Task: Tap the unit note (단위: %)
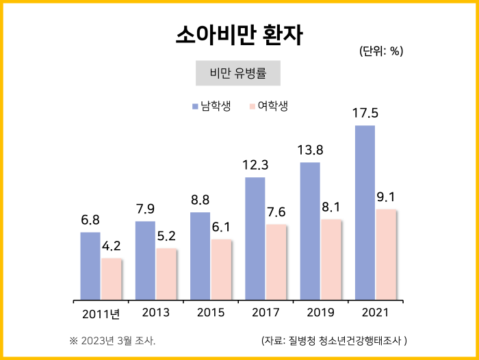tap(381, 51)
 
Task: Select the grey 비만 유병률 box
tap(238, 73)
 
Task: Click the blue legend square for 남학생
tap(195, 106)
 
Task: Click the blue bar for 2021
tap(365, 212)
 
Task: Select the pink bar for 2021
tap(386, 254)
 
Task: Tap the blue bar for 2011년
tap(90, 266)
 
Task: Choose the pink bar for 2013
tap(166, 274)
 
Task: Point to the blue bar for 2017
tap(255, 238)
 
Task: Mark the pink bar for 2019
tap(331, 259)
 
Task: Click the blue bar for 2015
tap(200, 255)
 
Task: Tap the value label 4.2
tap(111, 246)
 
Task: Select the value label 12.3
tap(255, 165)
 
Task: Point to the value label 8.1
tap(331, 207)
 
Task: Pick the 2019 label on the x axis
tap(320, 313)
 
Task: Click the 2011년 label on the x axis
tap(101, 314)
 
